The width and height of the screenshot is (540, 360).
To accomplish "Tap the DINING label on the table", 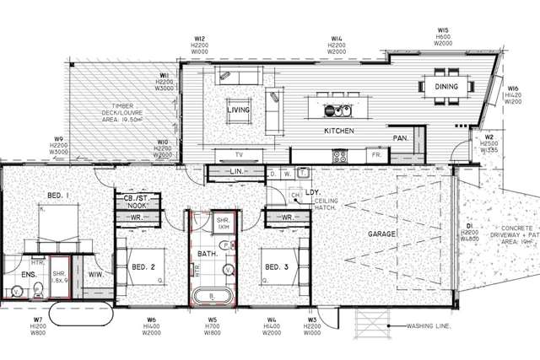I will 446,87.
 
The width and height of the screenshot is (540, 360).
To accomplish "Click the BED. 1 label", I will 57,196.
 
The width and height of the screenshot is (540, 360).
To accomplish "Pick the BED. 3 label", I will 275,268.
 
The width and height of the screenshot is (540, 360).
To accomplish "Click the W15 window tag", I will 443,30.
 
